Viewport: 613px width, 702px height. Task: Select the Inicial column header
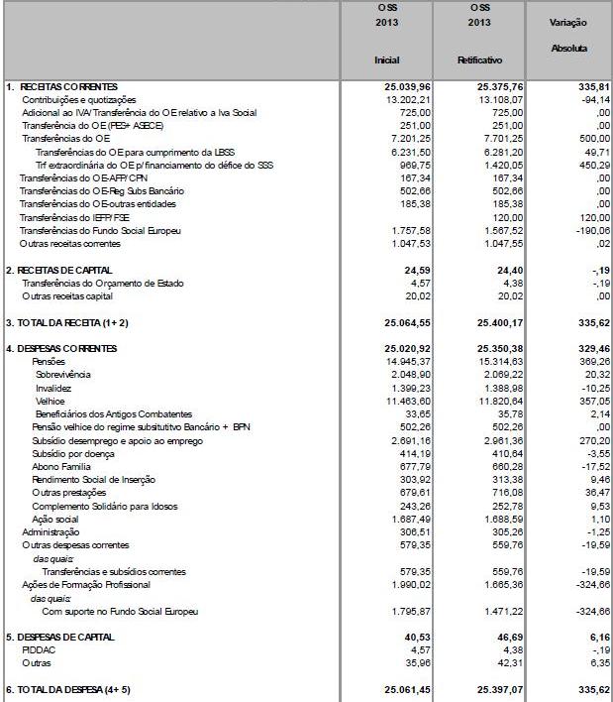pos(386,60)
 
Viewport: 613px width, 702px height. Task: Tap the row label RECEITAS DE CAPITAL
pos(66,270)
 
